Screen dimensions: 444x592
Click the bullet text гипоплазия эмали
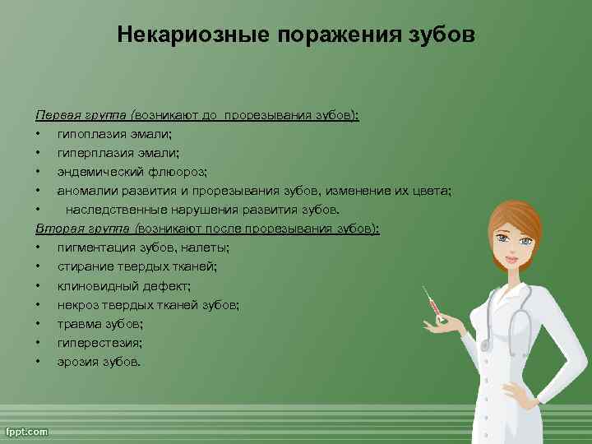[114, 134]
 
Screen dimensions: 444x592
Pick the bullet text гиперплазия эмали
[118, 153]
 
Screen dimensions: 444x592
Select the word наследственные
[115, 210]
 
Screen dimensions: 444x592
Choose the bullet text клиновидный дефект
[123, 285]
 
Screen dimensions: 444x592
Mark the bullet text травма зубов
[99, 323]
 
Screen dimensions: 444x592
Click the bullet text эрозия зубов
[99, 361]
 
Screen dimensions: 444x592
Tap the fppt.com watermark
[27, 431]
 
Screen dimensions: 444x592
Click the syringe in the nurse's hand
[434, 306]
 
